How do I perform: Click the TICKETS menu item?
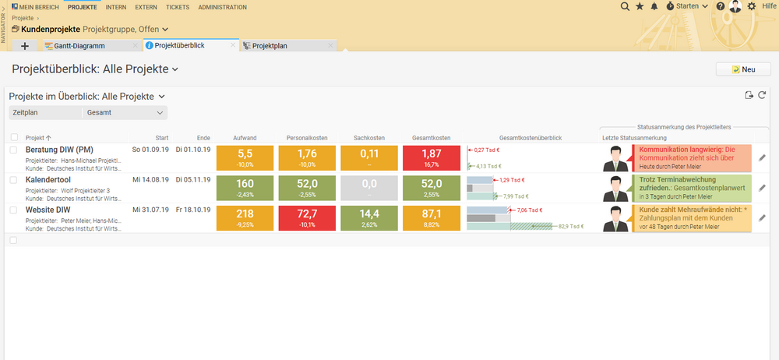click(x=177, y=7)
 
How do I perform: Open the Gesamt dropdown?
click(x=125, y=113)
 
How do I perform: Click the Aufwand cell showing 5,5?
click(x=244, y=157)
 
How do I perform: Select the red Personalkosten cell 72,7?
click(x=307, y=218)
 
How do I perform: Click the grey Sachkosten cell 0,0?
click(x=369, y=188)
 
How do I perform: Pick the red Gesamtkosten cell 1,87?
click(x=431, y=157)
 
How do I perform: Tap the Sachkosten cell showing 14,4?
click(x=369, y=218)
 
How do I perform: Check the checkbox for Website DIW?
click(x=13, y=210)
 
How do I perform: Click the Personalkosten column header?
click(x=307, y=137)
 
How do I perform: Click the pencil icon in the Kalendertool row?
click(x=762, y=188)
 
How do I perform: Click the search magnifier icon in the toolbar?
click(x=625, y=6)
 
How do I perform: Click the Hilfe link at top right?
click(x=768, y=6)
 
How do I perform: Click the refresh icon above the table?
click(x=762, y=95)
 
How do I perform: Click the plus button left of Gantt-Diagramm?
click(x=25, y=46)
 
